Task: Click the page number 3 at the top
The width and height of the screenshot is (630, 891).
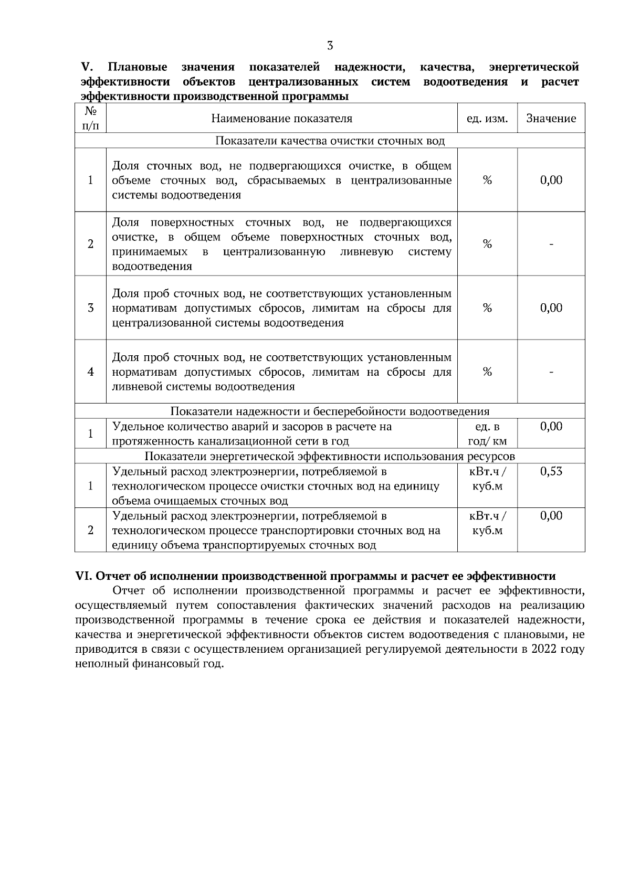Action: (330, 46)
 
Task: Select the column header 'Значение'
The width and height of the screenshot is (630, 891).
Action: (551, 119)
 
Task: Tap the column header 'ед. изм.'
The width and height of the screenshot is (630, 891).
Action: (487, 119)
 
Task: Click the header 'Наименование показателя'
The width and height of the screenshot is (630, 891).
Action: (281, 119)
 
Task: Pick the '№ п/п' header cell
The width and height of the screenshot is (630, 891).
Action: (90, 118)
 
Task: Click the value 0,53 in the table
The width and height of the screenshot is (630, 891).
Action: (551, 471)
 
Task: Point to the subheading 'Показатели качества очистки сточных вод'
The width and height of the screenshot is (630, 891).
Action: (330, 141)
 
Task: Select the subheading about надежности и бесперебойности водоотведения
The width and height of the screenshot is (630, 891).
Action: (330, 411)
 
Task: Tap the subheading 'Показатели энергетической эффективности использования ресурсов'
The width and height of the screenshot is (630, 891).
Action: (330, 456)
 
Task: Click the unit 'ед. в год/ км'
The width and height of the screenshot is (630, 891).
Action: (487, 434)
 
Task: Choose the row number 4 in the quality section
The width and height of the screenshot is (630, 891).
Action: (90, 372)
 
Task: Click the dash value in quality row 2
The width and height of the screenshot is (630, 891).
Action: (551, 244)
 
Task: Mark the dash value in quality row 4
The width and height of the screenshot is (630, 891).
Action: (551, 372)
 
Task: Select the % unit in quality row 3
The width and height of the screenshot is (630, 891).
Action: (487, 308)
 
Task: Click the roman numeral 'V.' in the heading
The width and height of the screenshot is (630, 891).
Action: (87, 67)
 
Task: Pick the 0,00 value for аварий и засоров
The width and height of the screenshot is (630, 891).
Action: (551, 427)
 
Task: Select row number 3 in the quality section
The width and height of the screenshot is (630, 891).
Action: (90, 308)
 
